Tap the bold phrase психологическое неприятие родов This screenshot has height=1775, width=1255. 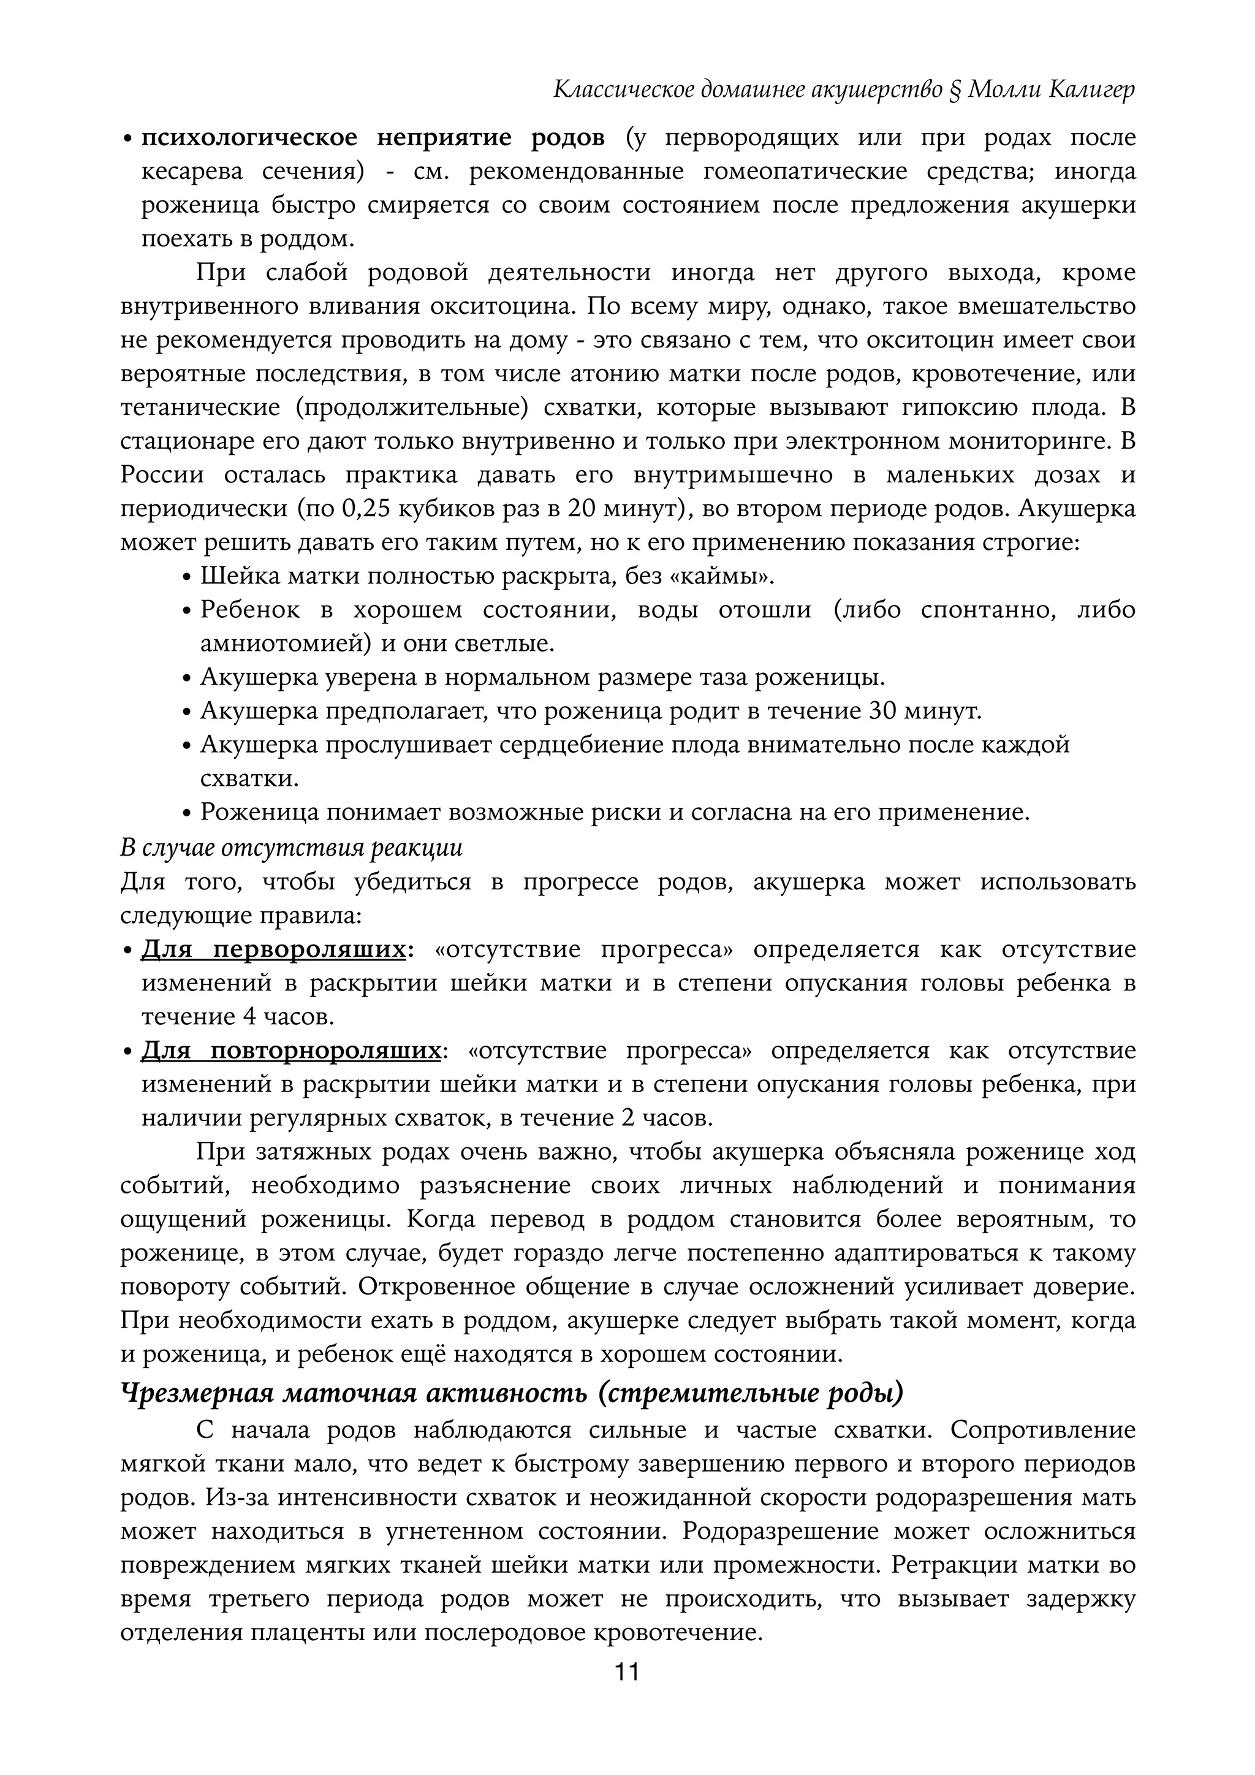click(x=373, y=139)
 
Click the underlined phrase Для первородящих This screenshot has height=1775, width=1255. click(x=273, y=949)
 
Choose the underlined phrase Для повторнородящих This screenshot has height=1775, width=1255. click(x=290, y=1051)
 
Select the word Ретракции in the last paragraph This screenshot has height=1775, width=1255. click(x=954, y=1565)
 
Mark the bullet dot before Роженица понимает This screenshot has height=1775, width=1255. click(x=186, y=814)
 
